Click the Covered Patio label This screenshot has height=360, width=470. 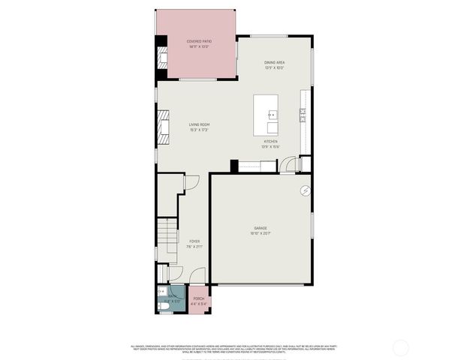pos(197,41)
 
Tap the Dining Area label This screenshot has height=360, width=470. pos(274,62)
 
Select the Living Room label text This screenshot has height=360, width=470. pos(199,124)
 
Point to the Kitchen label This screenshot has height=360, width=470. pos(270,141)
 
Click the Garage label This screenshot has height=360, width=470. pos(260,228)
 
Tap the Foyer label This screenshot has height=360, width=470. pos(194,241)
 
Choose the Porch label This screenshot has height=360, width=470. pos(198,298)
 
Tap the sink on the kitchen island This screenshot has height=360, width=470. pos(273,115)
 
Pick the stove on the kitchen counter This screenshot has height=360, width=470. pos(303,114)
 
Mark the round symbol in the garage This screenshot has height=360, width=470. pos(306,190)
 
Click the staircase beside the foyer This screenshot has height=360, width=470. pos(167,240)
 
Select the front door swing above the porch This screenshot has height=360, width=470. pos(177,274)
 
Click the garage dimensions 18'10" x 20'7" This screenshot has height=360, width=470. pos(260,233)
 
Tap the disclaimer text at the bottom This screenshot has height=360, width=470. pos(234,348)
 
